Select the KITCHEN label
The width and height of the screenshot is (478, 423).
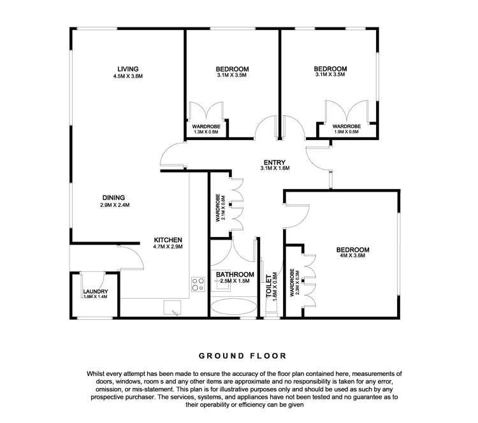point(168,239)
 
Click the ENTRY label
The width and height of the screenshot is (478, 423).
point(275,162)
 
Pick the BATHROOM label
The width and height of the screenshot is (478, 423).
point(235,275)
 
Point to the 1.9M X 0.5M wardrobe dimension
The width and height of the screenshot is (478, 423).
point(346,133)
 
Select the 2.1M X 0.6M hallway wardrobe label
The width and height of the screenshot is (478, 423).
point(218,206)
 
